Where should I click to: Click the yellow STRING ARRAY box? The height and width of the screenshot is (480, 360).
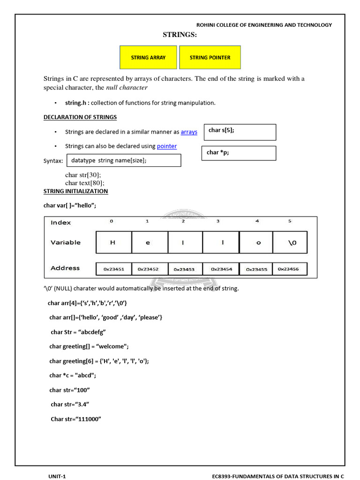[148, 57]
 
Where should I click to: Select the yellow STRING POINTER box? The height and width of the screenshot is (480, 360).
[210, 57]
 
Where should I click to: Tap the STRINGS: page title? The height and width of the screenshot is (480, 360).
[180, 35]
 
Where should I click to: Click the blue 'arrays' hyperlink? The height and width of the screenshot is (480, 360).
[189, 132]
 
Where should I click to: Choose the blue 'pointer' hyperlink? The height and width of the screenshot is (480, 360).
[167, 146]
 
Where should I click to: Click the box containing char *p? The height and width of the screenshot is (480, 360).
[239, 153]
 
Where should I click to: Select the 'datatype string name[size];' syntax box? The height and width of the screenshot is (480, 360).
[124, 160]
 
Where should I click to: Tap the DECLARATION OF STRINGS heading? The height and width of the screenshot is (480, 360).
[80, 117]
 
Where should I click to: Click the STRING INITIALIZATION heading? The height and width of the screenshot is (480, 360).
[75, 191]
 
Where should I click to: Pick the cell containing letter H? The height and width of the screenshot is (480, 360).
[113, 242]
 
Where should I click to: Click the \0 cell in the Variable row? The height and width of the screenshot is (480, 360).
[290, 242]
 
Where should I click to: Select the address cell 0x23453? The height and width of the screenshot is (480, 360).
[184, 269]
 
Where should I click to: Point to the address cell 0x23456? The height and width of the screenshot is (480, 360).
[292, 269]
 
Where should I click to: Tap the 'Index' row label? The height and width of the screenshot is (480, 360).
[61, 223]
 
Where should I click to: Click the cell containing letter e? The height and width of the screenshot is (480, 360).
[148, 242]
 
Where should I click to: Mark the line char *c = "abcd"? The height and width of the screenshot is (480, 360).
[76, 375]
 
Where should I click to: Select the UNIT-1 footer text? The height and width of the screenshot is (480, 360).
[57, 476]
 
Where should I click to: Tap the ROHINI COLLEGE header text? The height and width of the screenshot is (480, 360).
[263, 25]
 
